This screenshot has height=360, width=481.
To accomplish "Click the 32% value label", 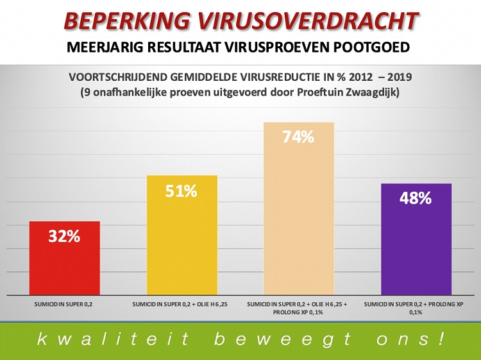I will pos(64,236).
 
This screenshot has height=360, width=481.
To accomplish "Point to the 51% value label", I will pos(182,191).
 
